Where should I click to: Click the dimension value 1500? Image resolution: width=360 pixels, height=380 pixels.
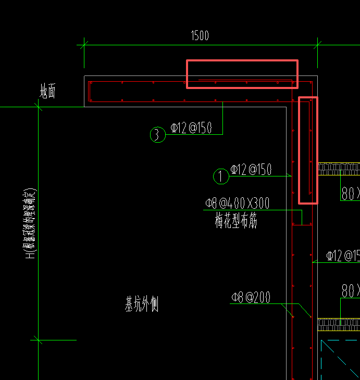200,36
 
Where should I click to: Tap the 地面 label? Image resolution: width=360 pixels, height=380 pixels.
48,92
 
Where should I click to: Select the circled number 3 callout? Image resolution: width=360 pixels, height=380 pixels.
157,135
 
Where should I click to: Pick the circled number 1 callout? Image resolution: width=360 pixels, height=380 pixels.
221,176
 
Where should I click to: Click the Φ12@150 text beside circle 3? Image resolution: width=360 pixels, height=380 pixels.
191,128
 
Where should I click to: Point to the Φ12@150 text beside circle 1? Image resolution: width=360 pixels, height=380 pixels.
251,170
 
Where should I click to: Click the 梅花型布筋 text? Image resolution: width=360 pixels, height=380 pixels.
236,221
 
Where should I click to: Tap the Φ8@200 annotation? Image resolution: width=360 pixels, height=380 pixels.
251,298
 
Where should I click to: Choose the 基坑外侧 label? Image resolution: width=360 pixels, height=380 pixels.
141,304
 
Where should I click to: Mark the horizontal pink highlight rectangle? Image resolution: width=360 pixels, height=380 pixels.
242,74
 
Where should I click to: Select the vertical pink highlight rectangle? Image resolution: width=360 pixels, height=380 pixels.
308,150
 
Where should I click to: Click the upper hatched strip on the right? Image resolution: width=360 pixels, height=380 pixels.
339,169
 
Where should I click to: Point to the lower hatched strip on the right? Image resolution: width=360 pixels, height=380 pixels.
339,324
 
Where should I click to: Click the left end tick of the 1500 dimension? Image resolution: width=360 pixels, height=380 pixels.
84,45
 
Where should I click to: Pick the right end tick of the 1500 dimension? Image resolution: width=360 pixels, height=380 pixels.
317,45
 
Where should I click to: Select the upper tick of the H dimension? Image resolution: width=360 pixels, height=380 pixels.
38,107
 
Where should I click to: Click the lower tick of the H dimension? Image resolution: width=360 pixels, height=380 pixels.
38,340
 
